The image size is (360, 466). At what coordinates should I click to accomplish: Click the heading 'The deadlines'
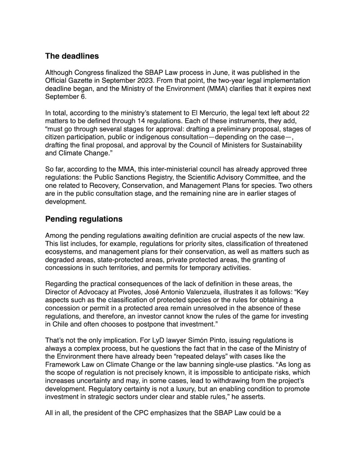[x=72, y=57]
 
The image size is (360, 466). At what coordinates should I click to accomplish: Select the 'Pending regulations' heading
[x=84, y=220]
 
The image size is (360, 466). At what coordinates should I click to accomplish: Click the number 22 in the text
[x=305, y=113]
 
